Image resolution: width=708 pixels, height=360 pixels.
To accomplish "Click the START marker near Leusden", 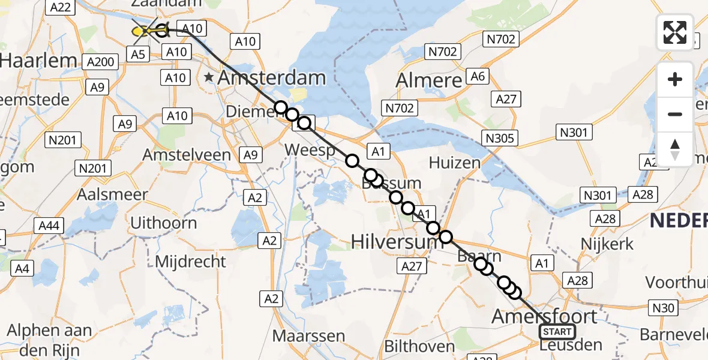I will click(x=557, y=331).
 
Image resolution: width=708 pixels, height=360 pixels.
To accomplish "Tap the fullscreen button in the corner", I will click(x=675, y=32).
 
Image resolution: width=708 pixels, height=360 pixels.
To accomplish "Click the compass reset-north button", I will click(x=675, y=149).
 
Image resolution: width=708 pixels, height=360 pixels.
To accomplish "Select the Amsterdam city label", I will click(x=271, y=77).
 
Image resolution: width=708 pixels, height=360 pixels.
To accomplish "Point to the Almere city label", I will click(x=428, y=80).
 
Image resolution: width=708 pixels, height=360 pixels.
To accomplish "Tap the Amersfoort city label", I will click(x=544, y=316).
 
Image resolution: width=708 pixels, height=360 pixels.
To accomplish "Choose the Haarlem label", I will click(x=38, y=61).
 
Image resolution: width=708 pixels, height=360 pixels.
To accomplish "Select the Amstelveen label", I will click(x=187, y=155).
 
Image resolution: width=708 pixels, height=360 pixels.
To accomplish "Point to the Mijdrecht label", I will click(x=190, y=261).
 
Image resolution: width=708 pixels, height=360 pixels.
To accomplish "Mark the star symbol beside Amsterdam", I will click(x=209, y=77).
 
